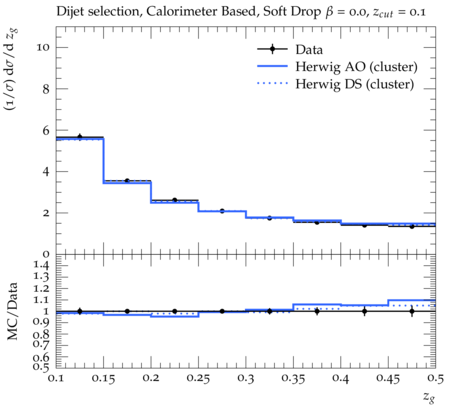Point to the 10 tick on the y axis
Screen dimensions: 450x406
coord(43,47)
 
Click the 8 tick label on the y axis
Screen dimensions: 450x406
coord(46,89)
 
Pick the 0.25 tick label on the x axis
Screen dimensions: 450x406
coord(198,379)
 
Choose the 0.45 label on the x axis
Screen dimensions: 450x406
coord(388,379)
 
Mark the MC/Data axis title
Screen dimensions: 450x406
coord(12,311)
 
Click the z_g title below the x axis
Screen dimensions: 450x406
coord(429,397)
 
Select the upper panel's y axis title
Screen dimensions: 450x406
coord(12,70)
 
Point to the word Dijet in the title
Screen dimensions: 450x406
coord(69,12)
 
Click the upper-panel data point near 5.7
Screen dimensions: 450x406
coord(80,137)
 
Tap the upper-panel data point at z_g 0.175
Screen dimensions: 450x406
coord(127,181)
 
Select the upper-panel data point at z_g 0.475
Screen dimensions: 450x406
coord(412,227)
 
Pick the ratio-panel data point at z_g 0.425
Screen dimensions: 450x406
coord(365,311)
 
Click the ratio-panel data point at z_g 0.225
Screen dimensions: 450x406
coord(175,311)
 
